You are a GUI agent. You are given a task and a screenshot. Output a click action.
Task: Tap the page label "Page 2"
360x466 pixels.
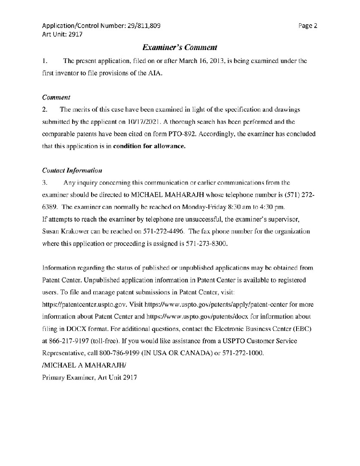coord(308,25)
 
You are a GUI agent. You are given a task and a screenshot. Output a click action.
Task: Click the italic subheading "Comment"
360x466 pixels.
coord(57,98)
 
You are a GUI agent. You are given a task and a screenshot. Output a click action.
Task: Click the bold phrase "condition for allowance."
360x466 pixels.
coord(149,146)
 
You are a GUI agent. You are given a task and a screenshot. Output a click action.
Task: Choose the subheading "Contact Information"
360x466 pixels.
coord(72,170)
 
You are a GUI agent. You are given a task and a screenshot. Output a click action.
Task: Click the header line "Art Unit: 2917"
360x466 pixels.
coord(60,34)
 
